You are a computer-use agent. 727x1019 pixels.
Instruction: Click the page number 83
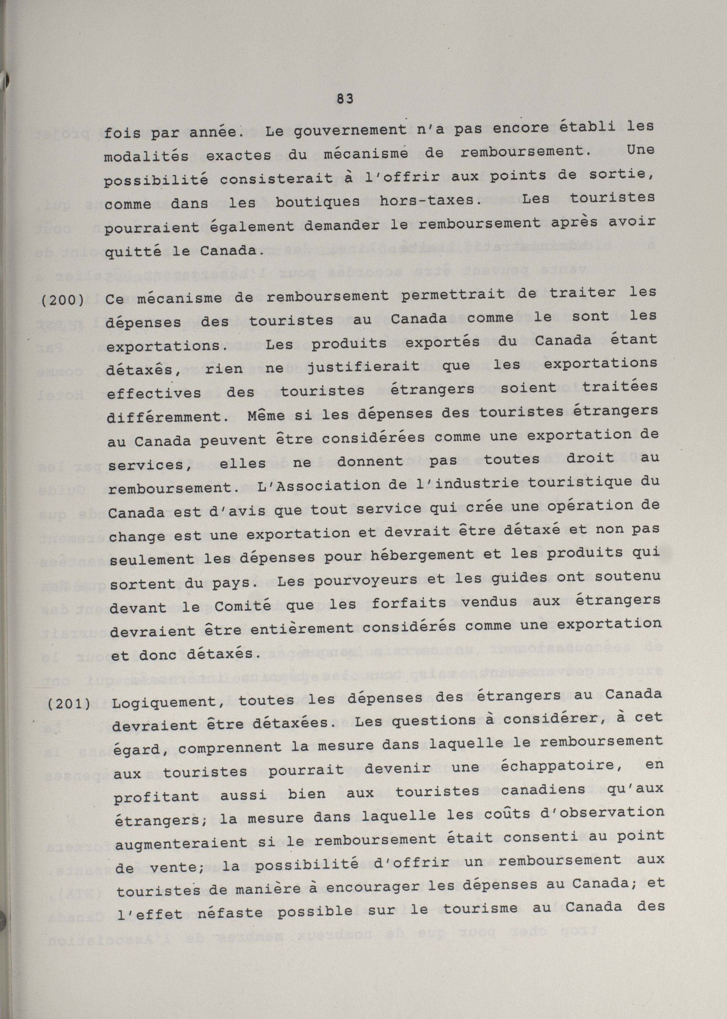[344, 99]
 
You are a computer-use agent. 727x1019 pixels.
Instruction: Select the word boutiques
[317, 202]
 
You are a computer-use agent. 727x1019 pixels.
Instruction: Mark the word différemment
[165, 417]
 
